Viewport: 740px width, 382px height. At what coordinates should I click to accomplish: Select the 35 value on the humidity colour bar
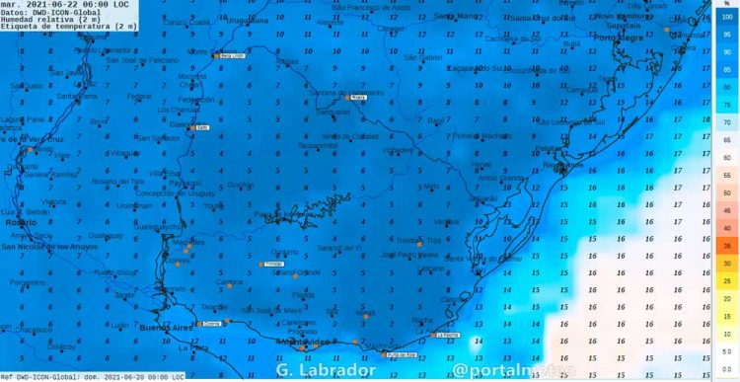726,245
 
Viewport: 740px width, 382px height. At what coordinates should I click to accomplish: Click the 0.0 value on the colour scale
726,366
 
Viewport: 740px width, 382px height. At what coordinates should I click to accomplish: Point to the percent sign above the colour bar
726,5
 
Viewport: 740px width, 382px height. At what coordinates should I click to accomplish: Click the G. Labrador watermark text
326,369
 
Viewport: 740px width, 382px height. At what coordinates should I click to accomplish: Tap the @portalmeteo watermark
503,369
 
